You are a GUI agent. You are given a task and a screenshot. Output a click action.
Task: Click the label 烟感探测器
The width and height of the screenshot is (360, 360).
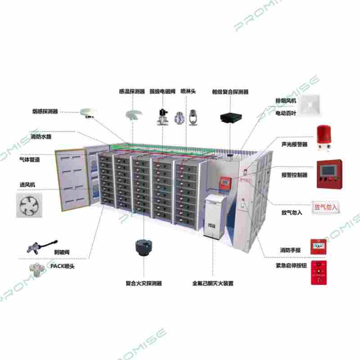point(45,111)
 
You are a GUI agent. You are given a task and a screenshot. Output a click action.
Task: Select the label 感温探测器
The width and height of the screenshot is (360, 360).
point(132,91)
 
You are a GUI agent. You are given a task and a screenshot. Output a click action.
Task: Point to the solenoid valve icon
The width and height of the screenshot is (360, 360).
point(162,116)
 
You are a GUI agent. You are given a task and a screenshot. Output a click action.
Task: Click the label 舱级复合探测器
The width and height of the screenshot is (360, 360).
point(230,91)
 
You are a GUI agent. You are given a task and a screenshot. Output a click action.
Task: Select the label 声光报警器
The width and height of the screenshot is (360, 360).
point(294,144)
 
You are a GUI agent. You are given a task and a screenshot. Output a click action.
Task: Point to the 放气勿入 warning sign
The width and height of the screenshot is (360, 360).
point(325,207)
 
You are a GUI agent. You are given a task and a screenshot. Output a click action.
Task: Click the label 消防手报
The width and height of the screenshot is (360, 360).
point(290,250)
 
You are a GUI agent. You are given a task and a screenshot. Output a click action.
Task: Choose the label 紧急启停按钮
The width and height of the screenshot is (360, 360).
point(291,266)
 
